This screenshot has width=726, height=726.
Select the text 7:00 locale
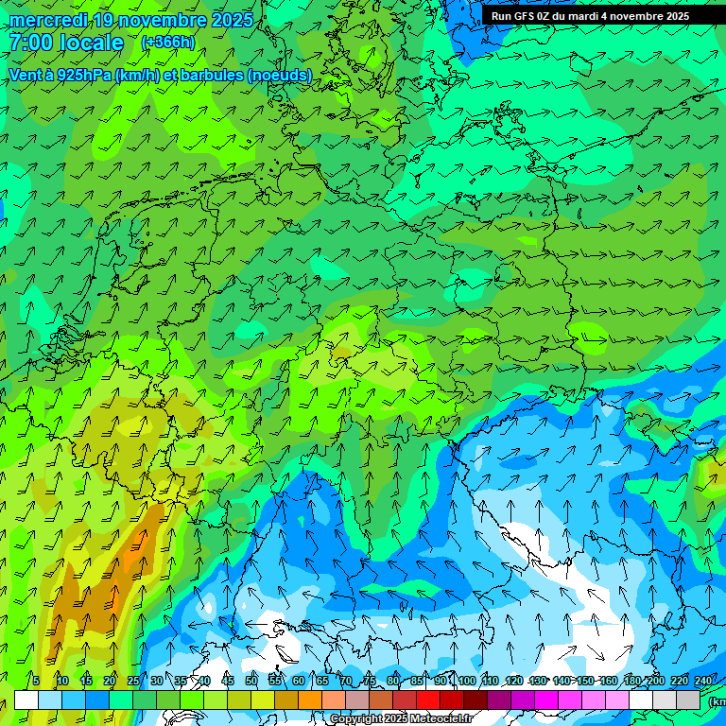click(66, 43)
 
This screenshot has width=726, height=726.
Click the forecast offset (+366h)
click(168, 43)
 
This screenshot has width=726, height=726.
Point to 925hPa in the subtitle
click(83, 75)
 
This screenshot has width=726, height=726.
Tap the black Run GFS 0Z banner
click(603, 15)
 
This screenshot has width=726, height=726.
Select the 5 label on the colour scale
click(36, 682)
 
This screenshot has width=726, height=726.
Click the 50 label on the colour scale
click(251, 682)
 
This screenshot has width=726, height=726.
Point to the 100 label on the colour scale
click(466, 682)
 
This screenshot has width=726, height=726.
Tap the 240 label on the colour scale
click(703, 682)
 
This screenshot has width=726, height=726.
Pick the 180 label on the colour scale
click(631, 682)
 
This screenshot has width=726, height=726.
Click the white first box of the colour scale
click(26, 700)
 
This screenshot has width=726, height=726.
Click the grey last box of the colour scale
click(688, 700)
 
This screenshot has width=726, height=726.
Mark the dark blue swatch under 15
click(97, 700)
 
